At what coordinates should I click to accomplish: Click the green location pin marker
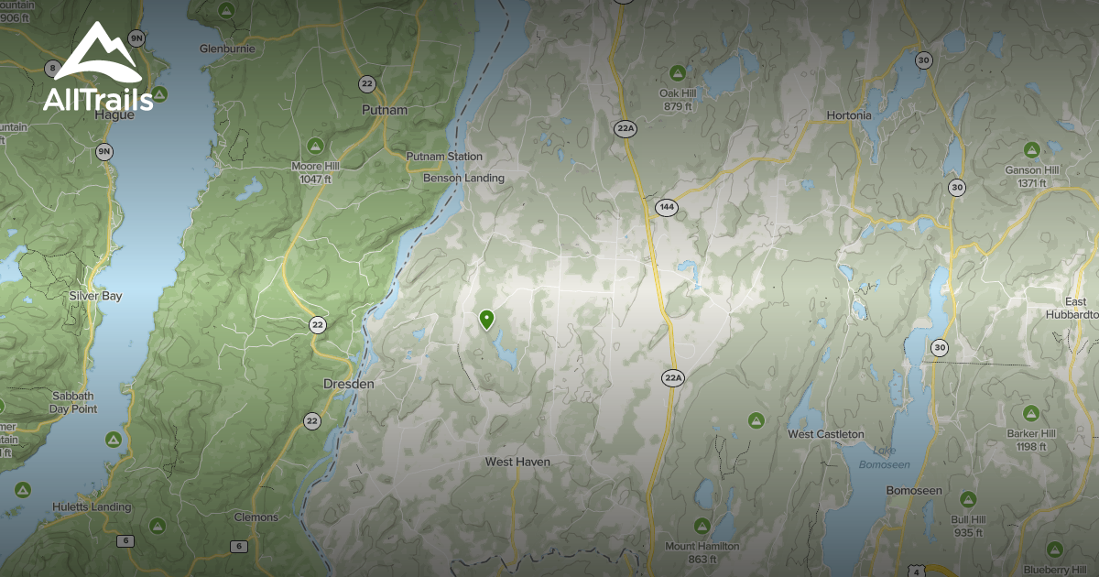pos(486,319)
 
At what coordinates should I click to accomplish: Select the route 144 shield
pos(666,208)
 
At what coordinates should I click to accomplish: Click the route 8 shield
pos(52,69)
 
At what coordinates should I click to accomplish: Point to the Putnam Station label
pos(444,157)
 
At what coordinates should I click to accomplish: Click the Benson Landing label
pos(463,178)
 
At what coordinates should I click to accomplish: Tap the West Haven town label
pos(517,463)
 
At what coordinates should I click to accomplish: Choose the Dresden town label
pos(349,385)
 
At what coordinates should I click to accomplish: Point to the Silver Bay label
pos(95,297)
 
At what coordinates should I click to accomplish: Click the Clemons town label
pos(256,517)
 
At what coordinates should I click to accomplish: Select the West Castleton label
pos(825,434)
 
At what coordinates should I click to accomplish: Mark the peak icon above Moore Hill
pos(314,145)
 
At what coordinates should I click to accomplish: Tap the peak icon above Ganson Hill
pos(1030,149)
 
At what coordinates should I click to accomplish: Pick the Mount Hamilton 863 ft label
pos(702,552)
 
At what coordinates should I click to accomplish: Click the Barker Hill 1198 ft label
pos(1030,440)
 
